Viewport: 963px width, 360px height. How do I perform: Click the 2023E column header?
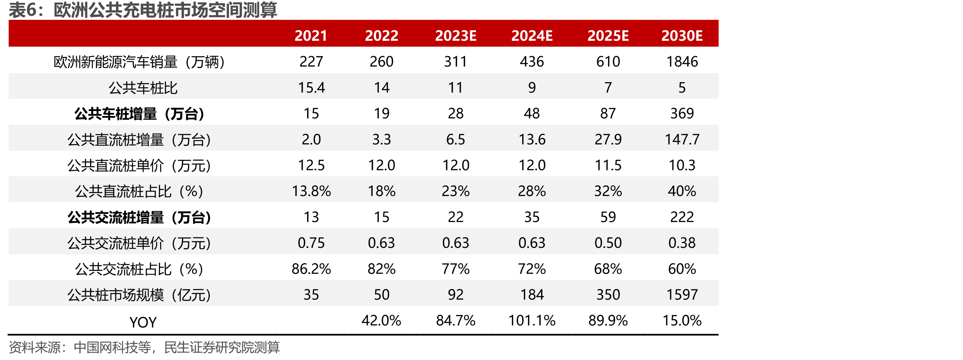click(456, 36)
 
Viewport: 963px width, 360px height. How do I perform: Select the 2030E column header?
click(682, 36)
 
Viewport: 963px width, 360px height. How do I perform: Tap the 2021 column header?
click(311, 36)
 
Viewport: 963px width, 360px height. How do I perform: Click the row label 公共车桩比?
click(143, 88)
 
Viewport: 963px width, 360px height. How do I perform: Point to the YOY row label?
click(143, 322)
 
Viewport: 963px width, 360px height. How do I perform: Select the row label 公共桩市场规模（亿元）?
click(140, 295)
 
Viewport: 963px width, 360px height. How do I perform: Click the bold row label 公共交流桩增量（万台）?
click(140, 218)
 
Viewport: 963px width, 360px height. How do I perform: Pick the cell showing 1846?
click(682, 62)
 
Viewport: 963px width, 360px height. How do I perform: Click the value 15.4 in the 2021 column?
click(311, 88)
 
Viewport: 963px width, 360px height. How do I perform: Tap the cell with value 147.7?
click(682, 140)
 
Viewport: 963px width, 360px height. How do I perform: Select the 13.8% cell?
click(311, 191)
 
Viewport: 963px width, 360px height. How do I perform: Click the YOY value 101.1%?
click(532, 321)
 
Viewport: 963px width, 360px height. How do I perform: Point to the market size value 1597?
click(682, 295)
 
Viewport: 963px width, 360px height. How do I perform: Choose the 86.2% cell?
click(311, 269)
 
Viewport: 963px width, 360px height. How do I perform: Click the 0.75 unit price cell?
click(311, 243)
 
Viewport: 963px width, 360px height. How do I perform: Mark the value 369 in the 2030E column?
click(682, 114)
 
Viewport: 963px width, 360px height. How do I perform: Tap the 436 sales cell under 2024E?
click(532, 62)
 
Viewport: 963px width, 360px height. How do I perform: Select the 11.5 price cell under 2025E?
click(608, 166)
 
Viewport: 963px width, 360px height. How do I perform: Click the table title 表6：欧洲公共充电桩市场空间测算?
click(143, 10)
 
